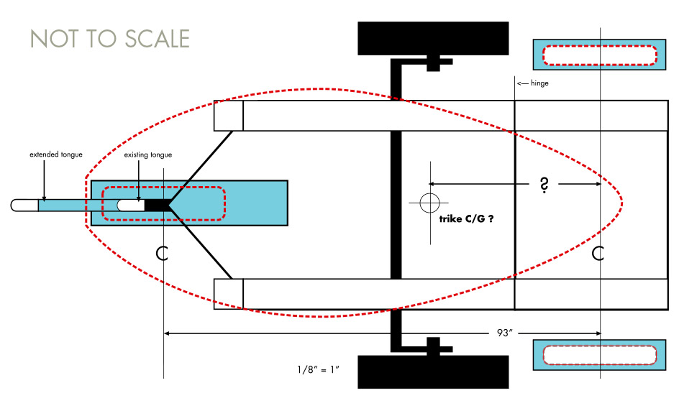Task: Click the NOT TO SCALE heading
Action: pos(110,39)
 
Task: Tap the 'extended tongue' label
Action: pos(56,154)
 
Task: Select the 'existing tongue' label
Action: pos(147,154)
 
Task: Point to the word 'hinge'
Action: pos(539,83)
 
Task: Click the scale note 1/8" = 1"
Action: pos(318,370)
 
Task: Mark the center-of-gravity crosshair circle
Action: pos(429,202)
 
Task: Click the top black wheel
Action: pos(433,38)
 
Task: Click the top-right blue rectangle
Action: pos(599,55)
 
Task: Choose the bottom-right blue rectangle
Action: pos(599,355)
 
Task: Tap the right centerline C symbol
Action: pos(599,253)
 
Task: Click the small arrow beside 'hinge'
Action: pos(522,83)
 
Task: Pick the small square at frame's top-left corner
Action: pos(229,116)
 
